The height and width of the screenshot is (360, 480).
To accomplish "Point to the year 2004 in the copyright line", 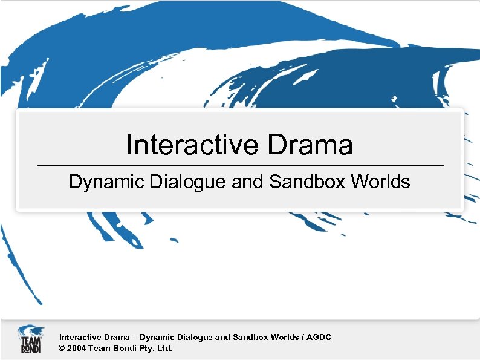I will (77, 349).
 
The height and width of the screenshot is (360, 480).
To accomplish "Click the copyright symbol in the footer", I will (62, 349).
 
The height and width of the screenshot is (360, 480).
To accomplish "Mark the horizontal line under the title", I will (240, 165).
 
